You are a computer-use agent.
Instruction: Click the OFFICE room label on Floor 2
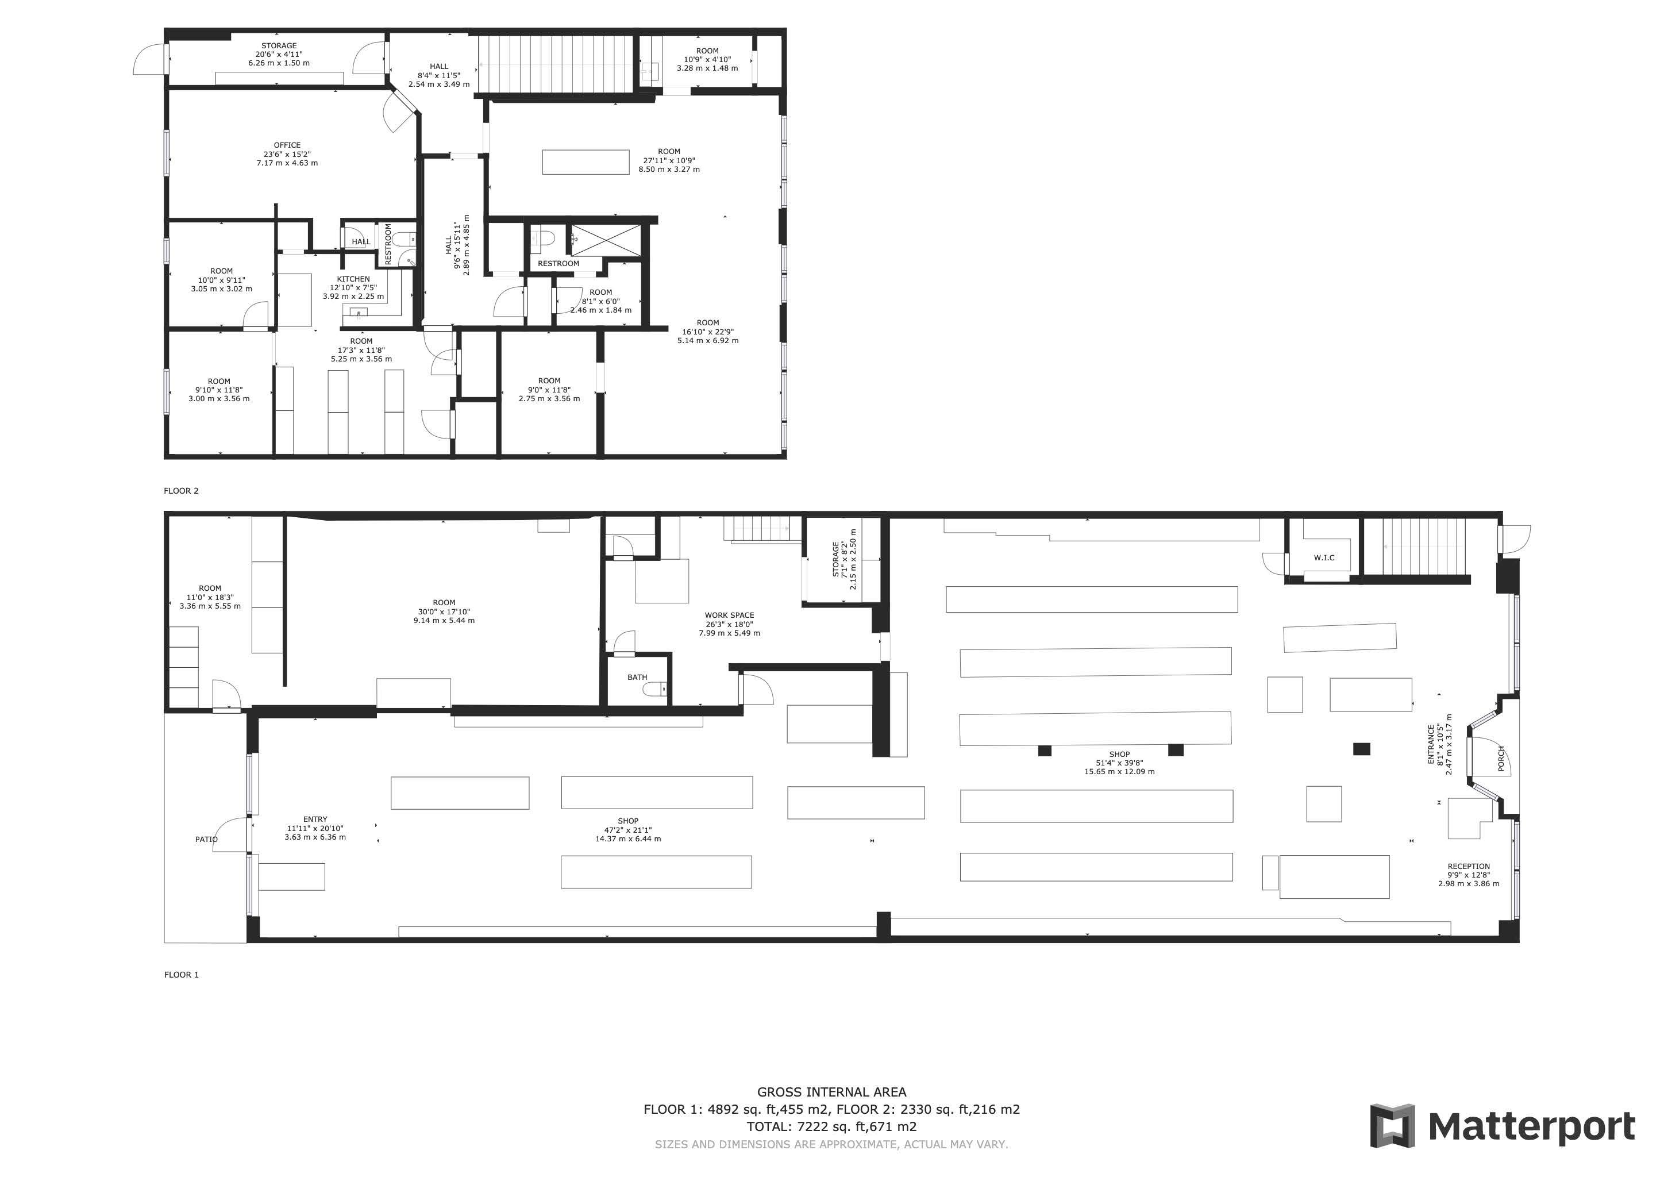pos(287,145)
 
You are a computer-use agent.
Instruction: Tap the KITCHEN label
pos(353,279)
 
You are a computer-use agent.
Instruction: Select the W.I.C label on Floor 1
pos(1323,557)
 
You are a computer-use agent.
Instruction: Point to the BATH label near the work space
pos(637,678)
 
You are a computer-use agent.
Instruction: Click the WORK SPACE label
pos(729,616)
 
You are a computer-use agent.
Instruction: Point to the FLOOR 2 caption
pos(181,491)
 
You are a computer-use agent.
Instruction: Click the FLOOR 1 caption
pos(181,975)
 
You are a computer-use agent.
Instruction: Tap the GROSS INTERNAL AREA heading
pos(831,1091)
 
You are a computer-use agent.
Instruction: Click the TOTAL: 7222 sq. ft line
pos(831,1126)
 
